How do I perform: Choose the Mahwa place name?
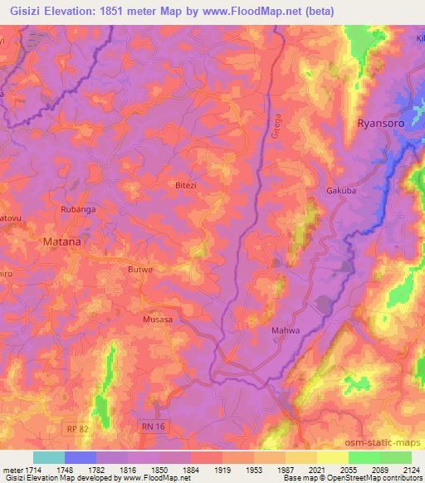pyautogui.click(x=285, y=331)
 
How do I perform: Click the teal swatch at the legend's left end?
pyautogui.click(x=49, y=457)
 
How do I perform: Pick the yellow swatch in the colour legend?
pyautogui.click(x=333, y=457)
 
